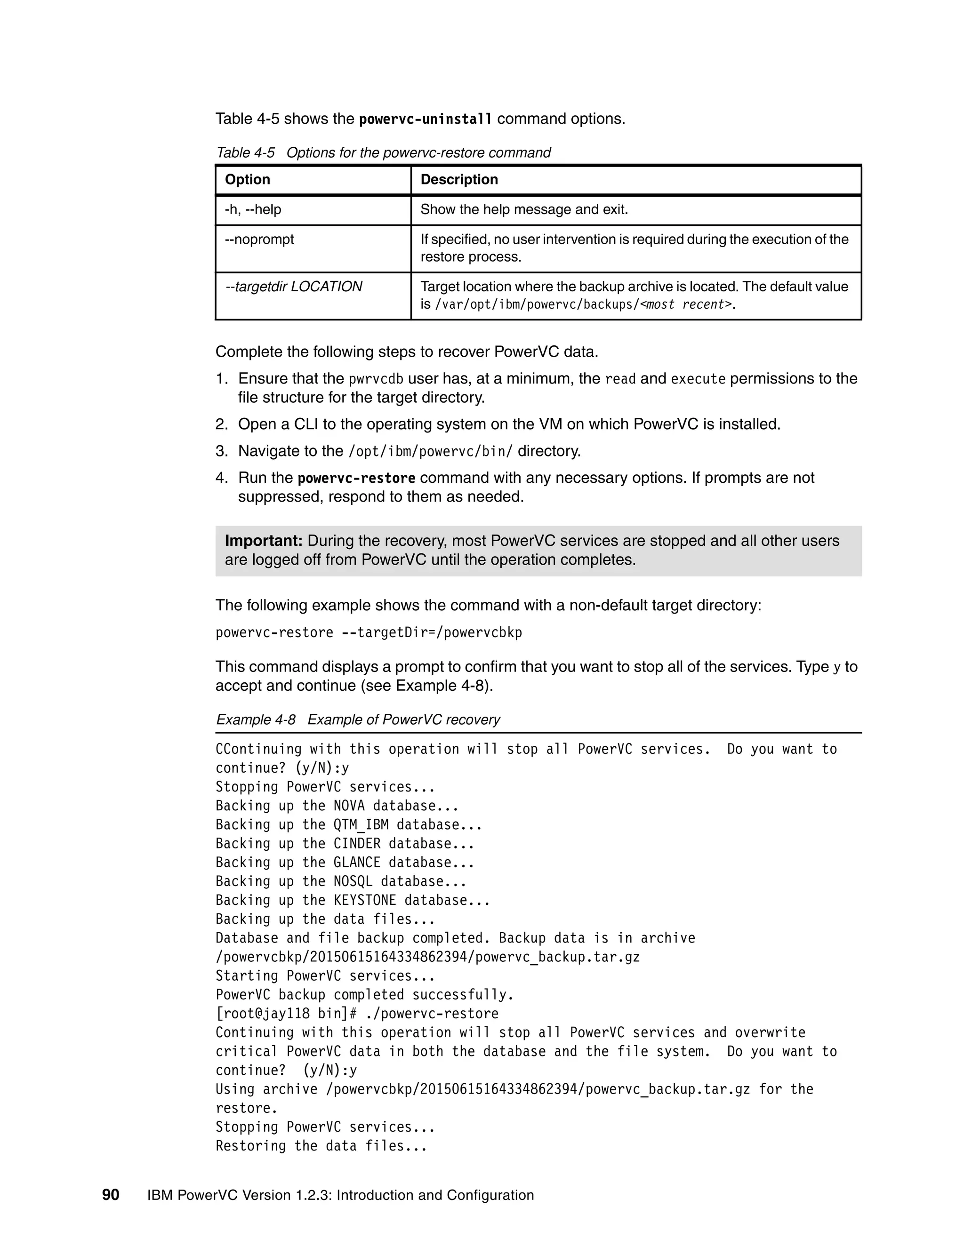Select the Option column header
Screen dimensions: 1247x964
(x=247, y=179)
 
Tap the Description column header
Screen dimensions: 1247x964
(x=459, y=179)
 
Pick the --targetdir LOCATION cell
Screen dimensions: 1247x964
(x=294, y=287)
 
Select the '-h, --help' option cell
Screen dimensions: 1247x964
(x=253, y=209)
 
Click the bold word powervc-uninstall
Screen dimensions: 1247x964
(x=425, y=120)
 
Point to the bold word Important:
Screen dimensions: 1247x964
(x=263, y=541)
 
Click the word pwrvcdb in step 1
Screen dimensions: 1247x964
(x=376, y=379)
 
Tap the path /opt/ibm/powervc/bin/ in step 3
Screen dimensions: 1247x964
(x=431, y=452)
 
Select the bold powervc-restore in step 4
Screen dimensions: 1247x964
(x=357, y=478)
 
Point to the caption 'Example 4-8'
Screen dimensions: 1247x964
(x=255, y=719)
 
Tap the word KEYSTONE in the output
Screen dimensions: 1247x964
(x=364, y=900)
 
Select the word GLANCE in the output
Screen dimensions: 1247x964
(x=357, y=862)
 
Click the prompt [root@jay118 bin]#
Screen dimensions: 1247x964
(x=286, y=1014)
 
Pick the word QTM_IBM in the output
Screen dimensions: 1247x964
(x=361, y=824)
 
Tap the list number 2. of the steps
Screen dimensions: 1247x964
(x=222, y=424)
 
